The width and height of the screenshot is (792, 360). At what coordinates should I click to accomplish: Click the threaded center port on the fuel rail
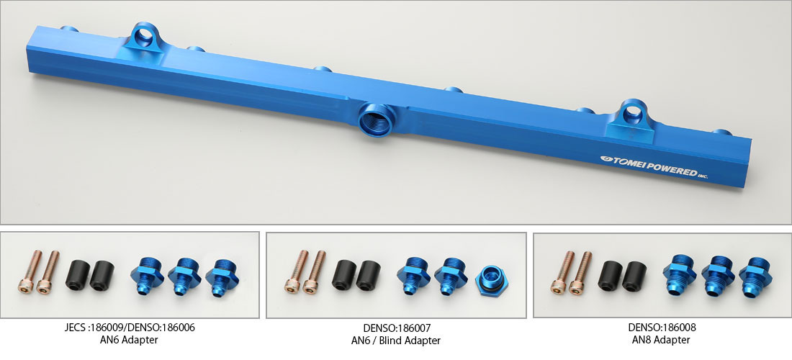375,120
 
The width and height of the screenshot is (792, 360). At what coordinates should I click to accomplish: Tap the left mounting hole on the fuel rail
144,36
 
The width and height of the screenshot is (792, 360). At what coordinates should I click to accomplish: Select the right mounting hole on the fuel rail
632,114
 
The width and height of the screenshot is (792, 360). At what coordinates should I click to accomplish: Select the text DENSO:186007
397,328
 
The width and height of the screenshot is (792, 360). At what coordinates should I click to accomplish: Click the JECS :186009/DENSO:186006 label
130,327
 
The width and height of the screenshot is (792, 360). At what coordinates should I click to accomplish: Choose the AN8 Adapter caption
661,340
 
